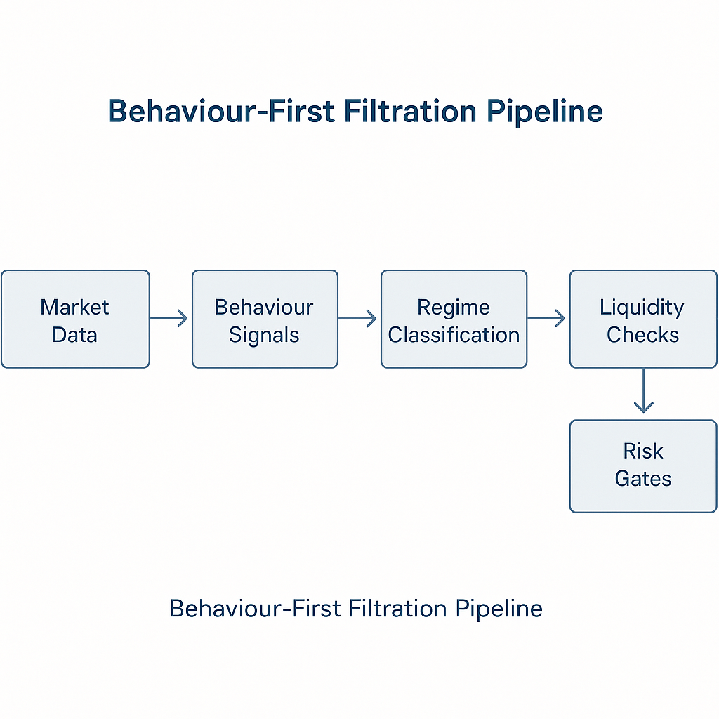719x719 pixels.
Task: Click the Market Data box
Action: click(x=75, y=319)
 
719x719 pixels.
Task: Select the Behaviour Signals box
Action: click(x=265, y=319)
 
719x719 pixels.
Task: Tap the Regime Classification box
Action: click(x=454, y=319)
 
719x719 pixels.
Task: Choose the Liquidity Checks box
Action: click(x=642, y=319)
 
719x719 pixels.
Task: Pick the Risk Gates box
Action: click(x=642, y=466)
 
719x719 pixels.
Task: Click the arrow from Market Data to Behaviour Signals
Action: click(x=170, y=319)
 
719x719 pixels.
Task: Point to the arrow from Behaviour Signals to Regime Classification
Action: click(x=358, y=319)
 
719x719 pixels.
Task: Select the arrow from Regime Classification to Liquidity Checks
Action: click(x=547, y=319)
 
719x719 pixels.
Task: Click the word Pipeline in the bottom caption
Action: click(x=499, y=608)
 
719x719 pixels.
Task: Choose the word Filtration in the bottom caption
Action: click(x=388, y=608)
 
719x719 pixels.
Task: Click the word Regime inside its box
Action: click(x=454, y=307)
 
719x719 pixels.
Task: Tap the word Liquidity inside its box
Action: click(x=642, y=307)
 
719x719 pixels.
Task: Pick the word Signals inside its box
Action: click(x=265, y=335)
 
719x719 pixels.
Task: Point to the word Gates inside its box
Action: click(x=642, y=479)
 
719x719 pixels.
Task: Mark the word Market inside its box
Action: click(x=75, y=307)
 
